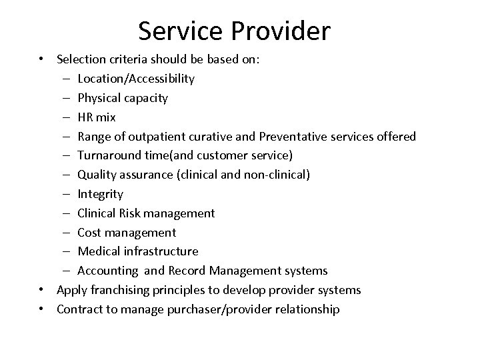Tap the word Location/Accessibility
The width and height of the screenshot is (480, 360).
tap(136, 79)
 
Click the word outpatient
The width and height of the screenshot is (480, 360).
tap(144, 137)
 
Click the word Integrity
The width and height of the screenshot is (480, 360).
tap(100, 194)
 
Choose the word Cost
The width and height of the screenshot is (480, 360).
tap(89, 233)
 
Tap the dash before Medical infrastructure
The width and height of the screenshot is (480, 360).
tap(69, 251)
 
